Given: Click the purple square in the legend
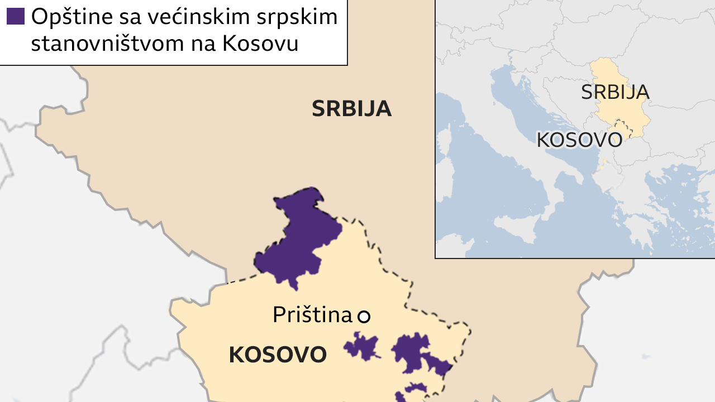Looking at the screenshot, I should click(x=16, y=17).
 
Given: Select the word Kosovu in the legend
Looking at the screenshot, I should click(x=260, y=44).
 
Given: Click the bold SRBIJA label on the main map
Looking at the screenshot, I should click(x=351, y=109).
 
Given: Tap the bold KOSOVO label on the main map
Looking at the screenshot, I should click(x=278, y=355).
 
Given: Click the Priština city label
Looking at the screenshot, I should click(x=312, y=315).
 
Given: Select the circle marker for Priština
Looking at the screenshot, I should click(x=364, y=317).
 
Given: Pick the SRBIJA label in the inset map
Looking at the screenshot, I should click(x=614, y=92).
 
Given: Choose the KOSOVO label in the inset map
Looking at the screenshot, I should click(x=579, y=140).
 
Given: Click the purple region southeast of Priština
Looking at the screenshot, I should click(x=413, y=352).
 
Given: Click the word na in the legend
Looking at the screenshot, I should click(x=204, y=44).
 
